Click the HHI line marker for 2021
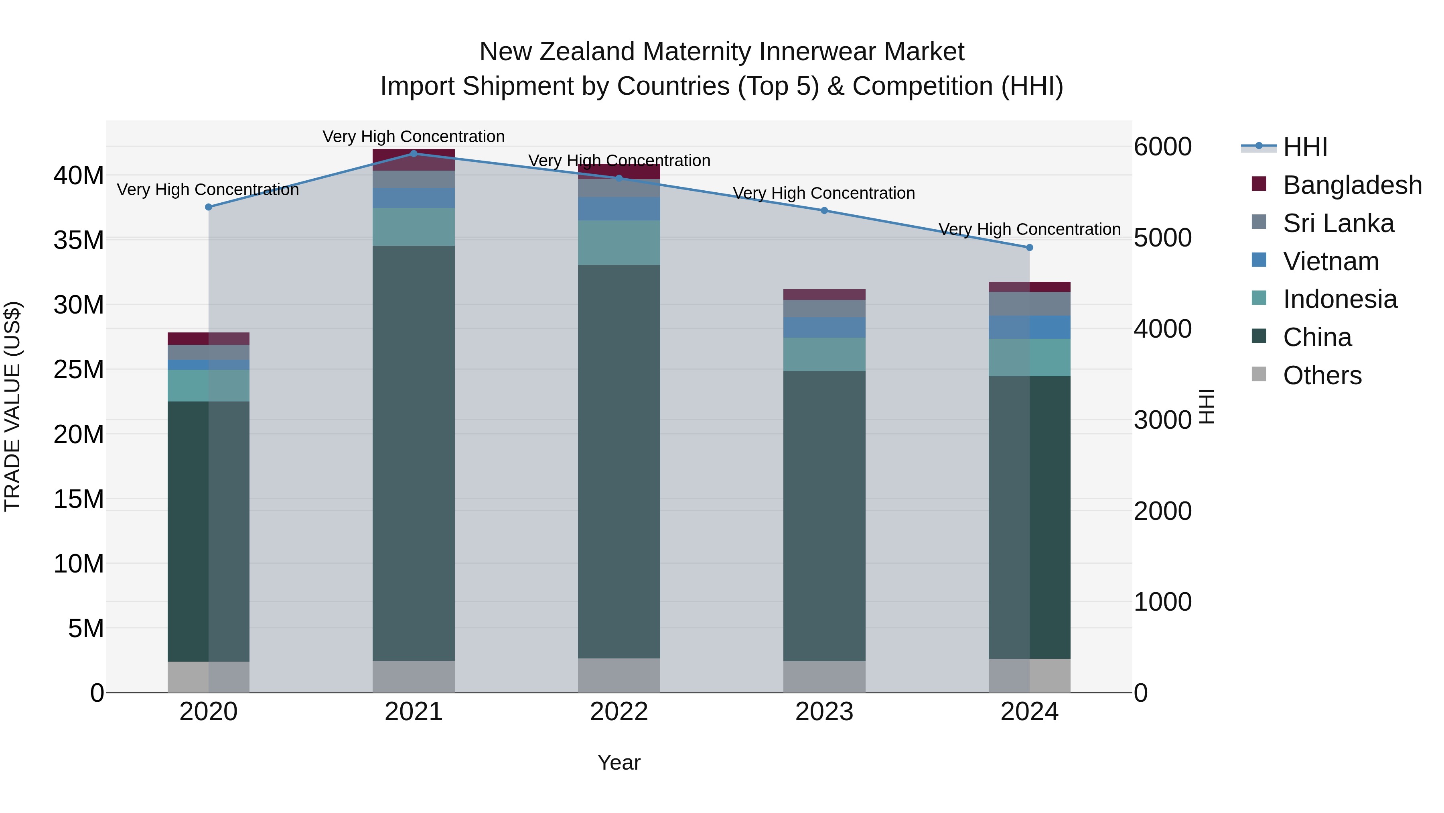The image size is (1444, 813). click(414, 153)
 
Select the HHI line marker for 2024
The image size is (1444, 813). click(1029, 247)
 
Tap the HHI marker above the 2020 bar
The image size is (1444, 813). click(209, 207)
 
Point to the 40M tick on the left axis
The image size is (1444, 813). click(79, 175)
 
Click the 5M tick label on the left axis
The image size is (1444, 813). click(85, 628)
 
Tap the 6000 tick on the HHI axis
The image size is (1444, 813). click(1162, 147)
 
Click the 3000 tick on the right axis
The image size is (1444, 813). click(1162, 420)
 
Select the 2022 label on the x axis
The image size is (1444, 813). click(619, 712)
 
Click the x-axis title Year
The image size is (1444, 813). click(619, 762)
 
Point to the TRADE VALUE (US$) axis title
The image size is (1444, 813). click(12, 406)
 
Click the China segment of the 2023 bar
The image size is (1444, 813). click(824, 516)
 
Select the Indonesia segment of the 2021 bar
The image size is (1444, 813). click(414, 227)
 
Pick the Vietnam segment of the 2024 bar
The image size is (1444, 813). click(1029, 327)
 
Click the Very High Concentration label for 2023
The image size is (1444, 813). click(824, 193)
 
